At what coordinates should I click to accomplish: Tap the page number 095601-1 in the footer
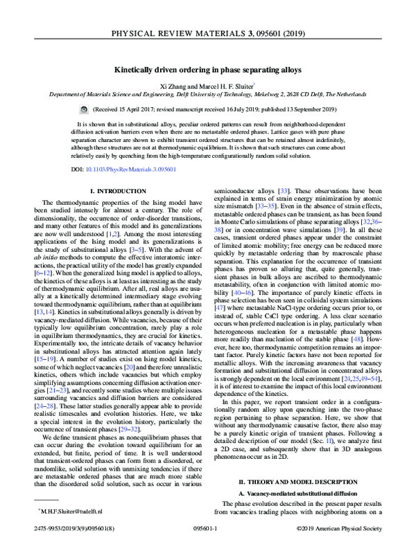[207, 545]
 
